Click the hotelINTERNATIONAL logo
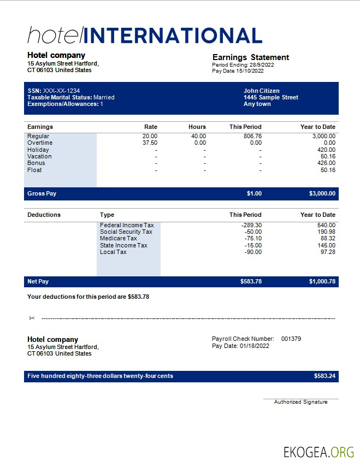[145, 36]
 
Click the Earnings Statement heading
[250, 57]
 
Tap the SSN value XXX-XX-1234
[61, 91]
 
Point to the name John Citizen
[262, 91]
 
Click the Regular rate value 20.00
[150, 136]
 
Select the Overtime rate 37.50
[150, 143]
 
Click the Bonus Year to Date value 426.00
[326, 163]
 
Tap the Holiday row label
[38, 150]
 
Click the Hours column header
[197, 127]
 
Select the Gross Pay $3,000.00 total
[322, 193]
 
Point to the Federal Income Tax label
[127, 225]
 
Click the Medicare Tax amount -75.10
[252, 238]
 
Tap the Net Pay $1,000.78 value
[322, 281]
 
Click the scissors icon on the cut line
[32, 318]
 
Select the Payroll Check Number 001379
[291, 339]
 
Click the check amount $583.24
[324, 376]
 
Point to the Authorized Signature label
[300, 402]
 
